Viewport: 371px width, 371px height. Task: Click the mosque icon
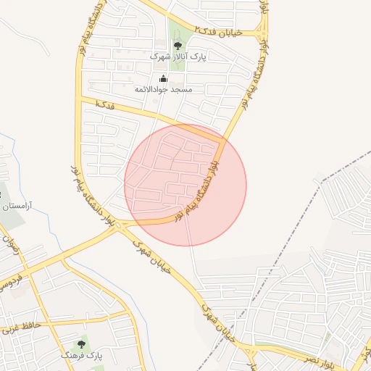coord(163,79)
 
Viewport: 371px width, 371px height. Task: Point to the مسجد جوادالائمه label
coord(164,89)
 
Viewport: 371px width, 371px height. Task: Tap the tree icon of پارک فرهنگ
coord(81,344)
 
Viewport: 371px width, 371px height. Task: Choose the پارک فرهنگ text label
coord(82,356)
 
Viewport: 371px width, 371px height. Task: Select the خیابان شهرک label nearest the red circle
coord(154,256)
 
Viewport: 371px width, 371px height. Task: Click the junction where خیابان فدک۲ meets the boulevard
coord(262,33)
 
